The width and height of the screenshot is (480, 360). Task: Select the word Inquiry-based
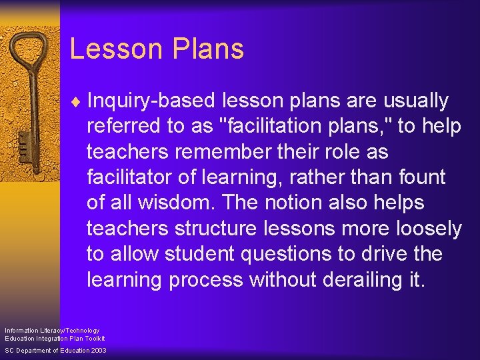pos(151,101)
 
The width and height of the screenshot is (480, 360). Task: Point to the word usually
pos(415,101)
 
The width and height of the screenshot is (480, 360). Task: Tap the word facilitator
pos(129,177)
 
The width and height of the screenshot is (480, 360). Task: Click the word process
pos(203,279)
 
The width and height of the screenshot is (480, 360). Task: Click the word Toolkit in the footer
pos(93,339)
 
